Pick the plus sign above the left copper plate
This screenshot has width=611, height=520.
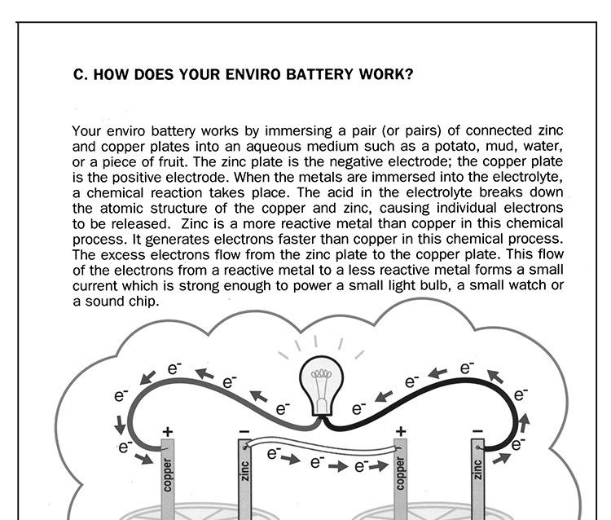click(x=168, y=431)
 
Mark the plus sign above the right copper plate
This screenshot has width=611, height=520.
click(x=400, y=431)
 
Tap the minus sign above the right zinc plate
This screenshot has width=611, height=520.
click(x=477, y=431)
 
